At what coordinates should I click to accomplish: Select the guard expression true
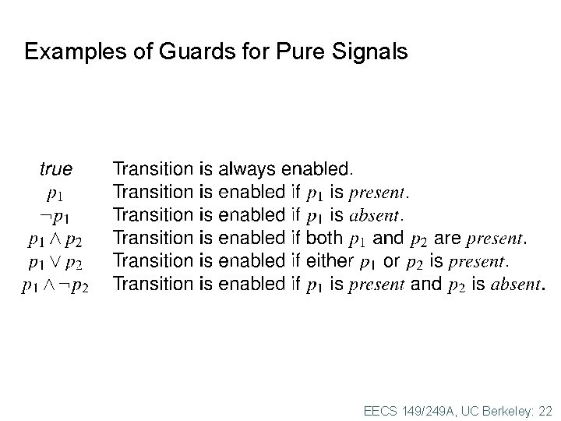tap(55, 168)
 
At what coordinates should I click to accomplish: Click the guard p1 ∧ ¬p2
tap(55, 285)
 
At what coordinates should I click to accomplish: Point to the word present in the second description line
tap(377, 192)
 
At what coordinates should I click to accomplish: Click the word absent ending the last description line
tap(514, 285)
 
